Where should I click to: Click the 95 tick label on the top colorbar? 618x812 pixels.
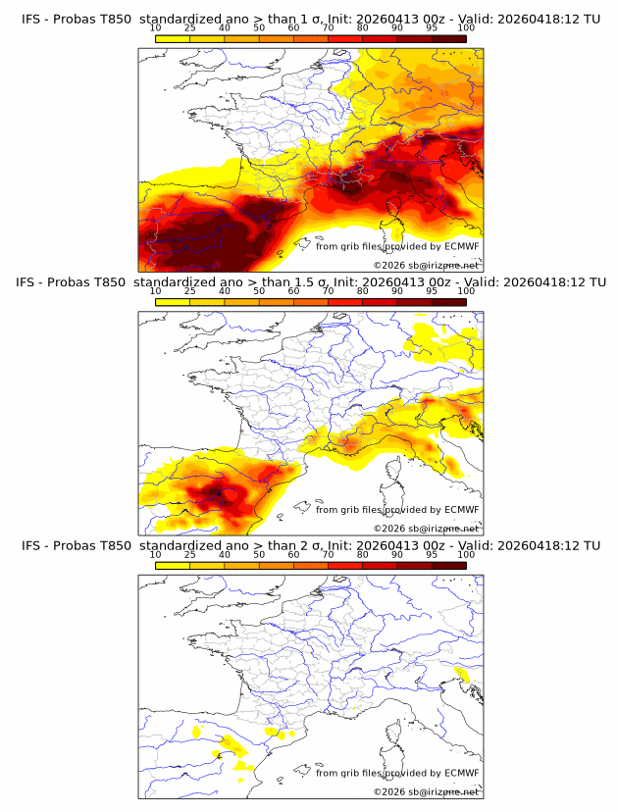tap(432, 27)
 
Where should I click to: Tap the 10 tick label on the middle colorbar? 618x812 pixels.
tap(155, 291)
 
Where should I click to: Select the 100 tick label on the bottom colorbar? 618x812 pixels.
tap(466, 555)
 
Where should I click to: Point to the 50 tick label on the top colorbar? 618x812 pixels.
tap(259, 27)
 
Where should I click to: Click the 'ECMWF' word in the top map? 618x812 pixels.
tap(461, 246)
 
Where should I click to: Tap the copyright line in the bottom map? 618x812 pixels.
tap(426, 791)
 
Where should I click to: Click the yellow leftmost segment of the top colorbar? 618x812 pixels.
tap(172, 37)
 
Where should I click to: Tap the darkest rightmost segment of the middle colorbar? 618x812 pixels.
tap(448, 301)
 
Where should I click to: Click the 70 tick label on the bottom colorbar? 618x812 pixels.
tap(328, 555)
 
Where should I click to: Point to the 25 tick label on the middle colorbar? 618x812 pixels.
tap(189, 291)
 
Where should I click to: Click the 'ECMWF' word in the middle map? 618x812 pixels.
tap(461, 510)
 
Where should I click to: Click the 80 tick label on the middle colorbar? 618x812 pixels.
tap(363, 291)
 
